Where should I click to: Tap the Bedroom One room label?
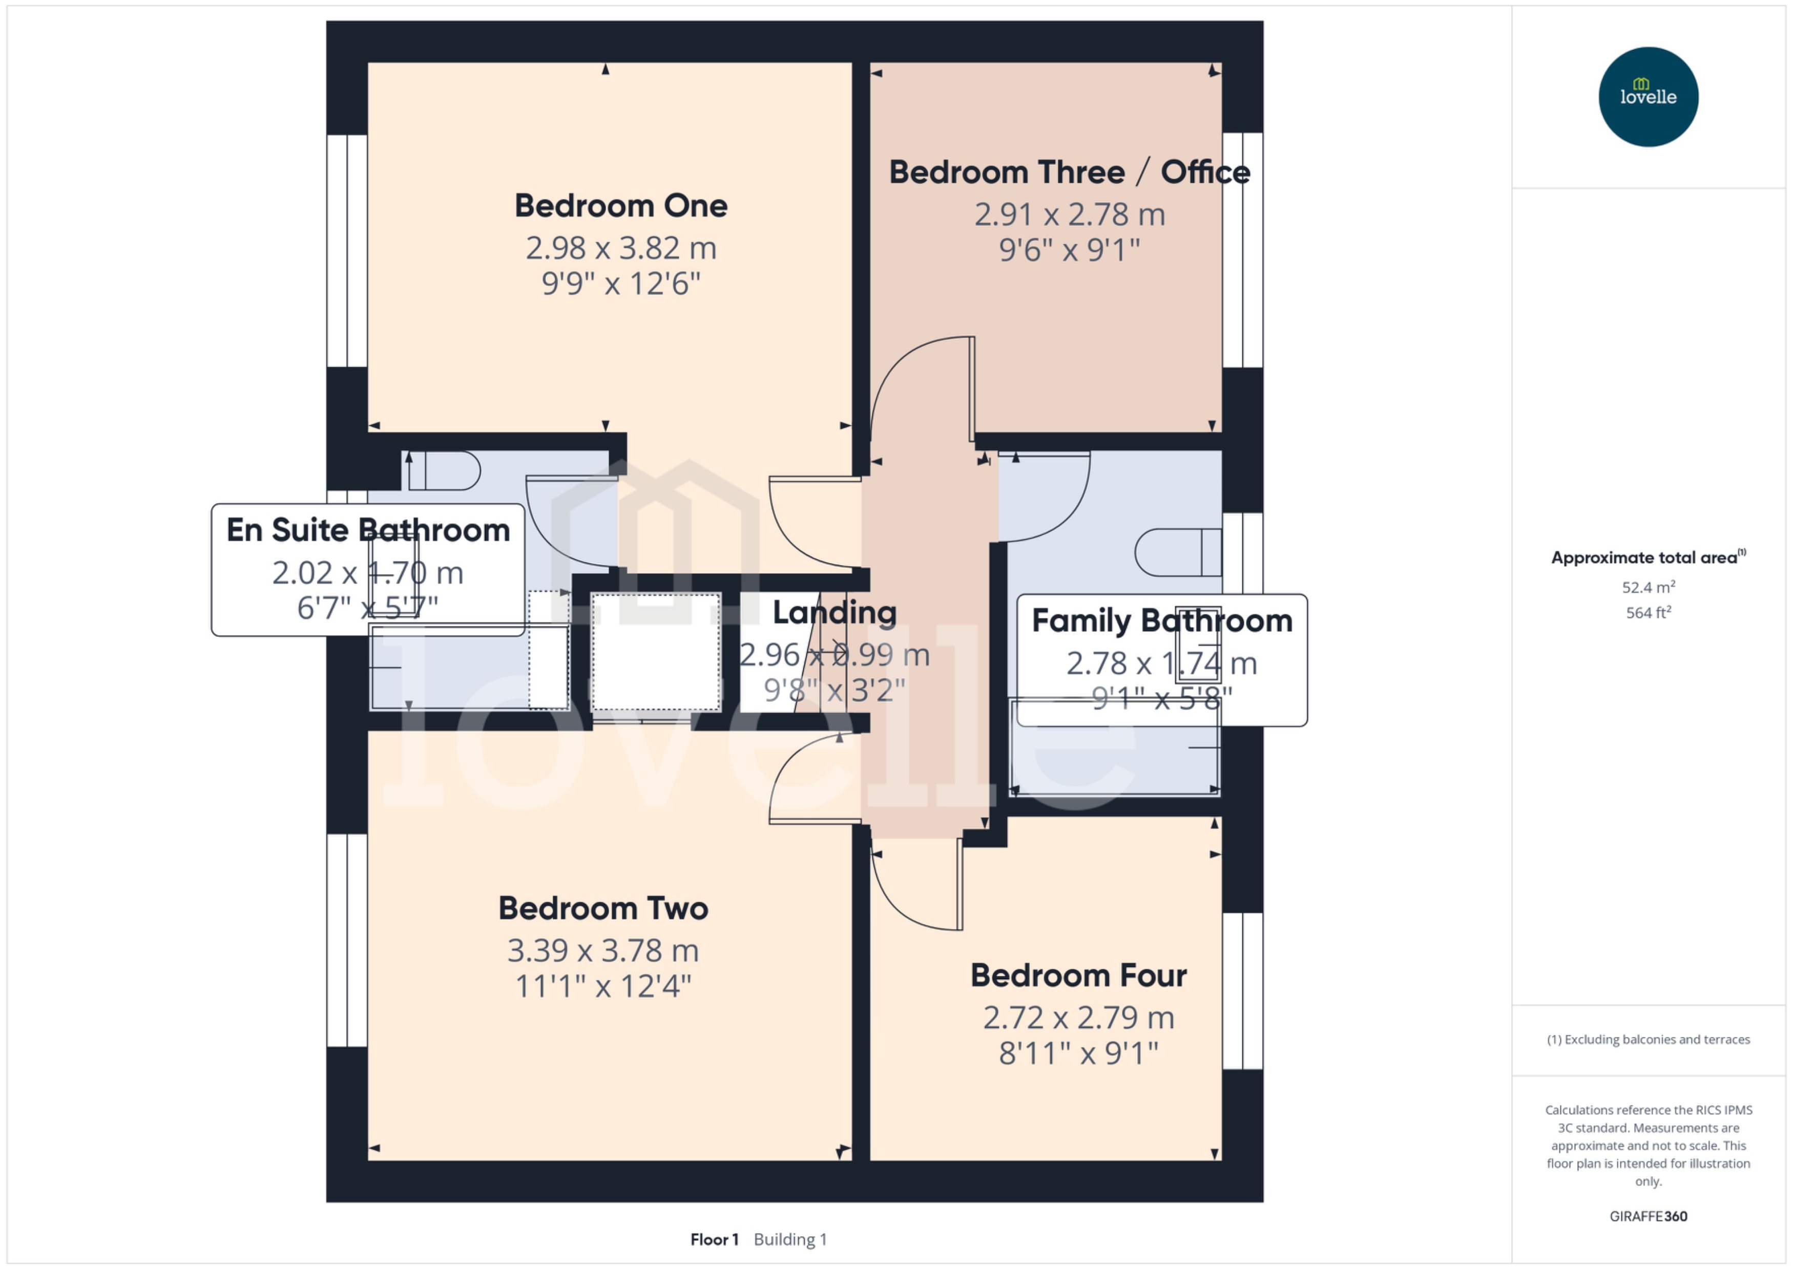(x=620, y=205)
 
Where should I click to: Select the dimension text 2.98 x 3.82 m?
(x=620, y=248)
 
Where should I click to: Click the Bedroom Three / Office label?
(x=1069, y=172)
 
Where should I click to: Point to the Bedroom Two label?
(x=602, y=908)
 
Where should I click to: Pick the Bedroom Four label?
(x=1078, y=975)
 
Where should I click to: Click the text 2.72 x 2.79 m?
(x=1078, y=1017)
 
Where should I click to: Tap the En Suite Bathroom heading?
(x=368, y=530)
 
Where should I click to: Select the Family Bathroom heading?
(x=1162, y=620)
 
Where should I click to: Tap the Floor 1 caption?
(x=713, y=1239)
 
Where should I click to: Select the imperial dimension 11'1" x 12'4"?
(x=602, y=986)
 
